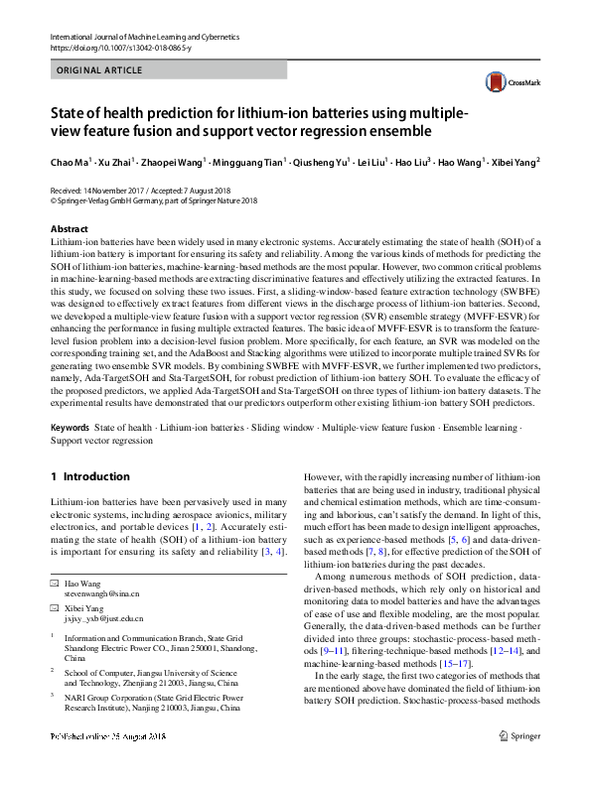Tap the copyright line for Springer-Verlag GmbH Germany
[154, 198]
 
